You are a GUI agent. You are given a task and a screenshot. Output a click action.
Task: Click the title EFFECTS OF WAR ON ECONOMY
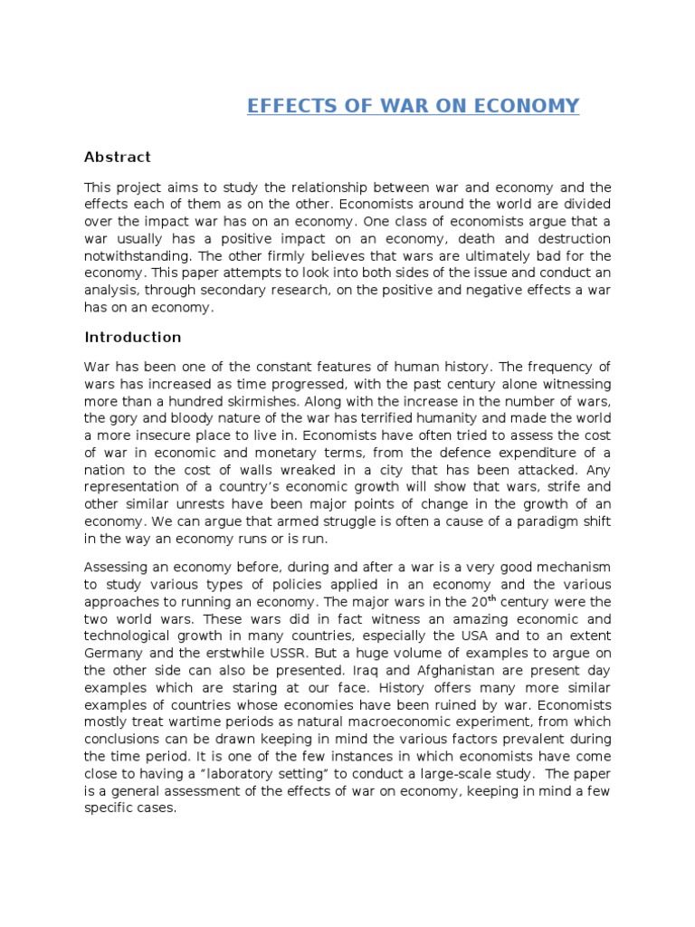[x=414, y=106]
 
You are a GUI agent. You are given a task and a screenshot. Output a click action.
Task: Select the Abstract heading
[x=118, y=157]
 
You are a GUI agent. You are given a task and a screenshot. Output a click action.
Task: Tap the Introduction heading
[x=133, y=337]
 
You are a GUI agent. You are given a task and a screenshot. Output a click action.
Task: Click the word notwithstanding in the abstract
[x=134, y=255]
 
